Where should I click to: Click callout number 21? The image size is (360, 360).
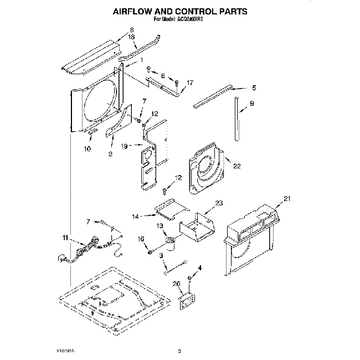click(x=287, y=198)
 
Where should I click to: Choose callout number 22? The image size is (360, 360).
click(x=237, y=166)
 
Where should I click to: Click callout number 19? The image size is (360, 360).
click(x=125, y=146)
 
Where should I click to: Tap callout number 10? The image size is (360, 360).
click(x=86, y=148)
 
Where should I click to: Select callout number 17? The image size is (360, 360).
click(x=190, y=83)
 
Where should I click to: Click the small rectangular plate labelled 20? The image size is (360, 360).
click(x=186, y=301)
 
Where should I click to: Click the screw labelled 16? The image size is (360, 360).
click(x=150, y=252)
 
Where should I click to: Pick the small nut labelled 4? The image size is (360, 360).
click(x=189, y=276)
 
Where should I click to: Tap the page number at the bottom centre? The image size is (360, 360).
click(x=179, y=350)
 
